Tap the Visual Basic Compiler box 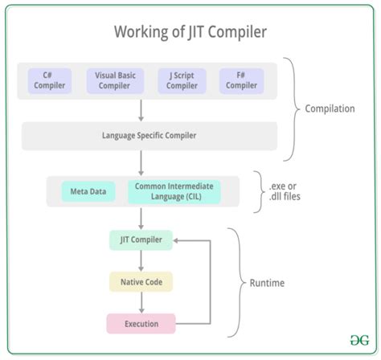[x=114, y=80]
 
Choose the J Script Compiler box [x=182, y=80]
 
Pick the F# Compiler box [x=240, y=80]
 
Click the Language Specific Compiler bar [x=150, y=135]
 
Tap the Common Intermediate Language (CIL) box [x=174, y=191]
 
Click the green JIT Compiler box [x=141, y=239]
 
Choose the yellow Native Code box [x=141, y=282]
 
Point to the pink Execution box [x=141, y=325]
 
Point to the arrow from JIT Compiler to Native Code [x=141, y=260]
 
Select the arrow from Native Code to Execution [x=141, y=303]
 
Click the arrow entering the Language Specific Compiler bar [x=141, y=110]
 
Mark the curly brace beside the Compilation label [x=293, y=108]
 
